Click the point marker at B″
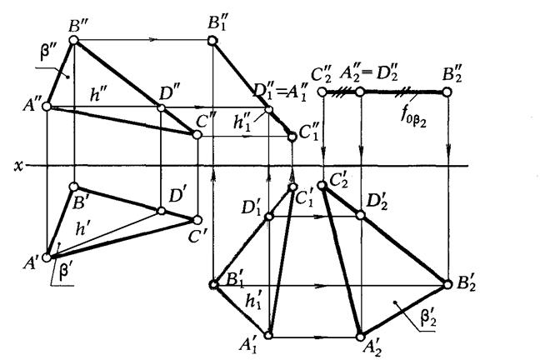[x=73, y=39]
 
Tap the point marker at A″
[x=47, y=107]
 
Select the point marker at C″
[x=197, y=132]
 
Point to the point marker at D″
[x=160, y=107]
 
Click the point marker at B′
[x=73, y=187]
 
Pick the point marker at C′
[x=197, y=220]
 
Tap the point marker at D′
[x=160, y=208]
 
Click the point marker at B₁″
[x=215, y=39]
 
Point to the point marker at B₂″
[x=448, y=92]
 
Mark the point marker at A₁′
[x=269, y=337]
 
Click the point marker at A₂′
[x=360, y=337]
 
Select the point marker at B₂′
[x=448, y=285]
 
